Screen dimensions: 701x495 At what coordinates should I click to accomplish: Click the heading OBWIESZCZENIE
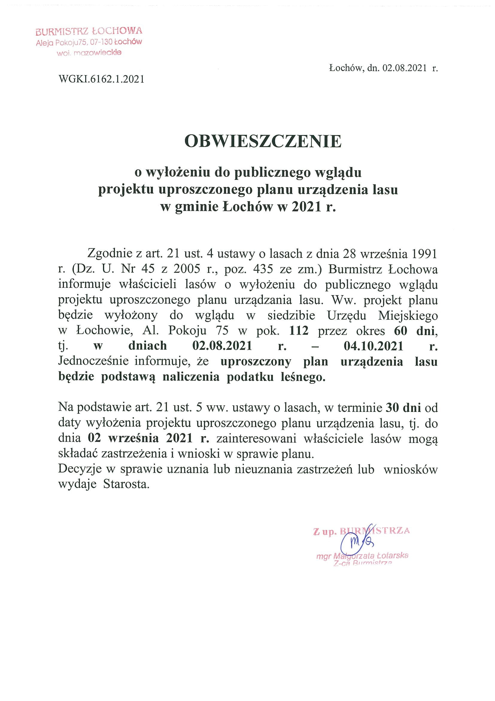263,141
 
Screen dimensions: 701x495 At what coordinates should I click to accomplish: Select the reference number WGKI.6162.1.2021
101,79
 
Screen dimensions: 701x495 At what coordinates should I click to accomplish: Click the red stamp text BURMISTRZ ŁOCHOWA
89,31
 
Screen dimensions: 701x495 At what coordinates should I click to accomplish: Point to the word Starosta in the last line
127,484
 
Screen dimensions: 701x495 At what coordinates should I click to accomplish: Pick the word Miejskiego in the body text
408,315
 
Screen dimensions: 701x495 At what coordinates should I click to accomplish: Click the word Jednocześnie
93,361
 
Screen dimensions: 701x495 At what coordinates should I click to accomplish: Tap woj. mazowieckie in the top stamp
89,53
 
